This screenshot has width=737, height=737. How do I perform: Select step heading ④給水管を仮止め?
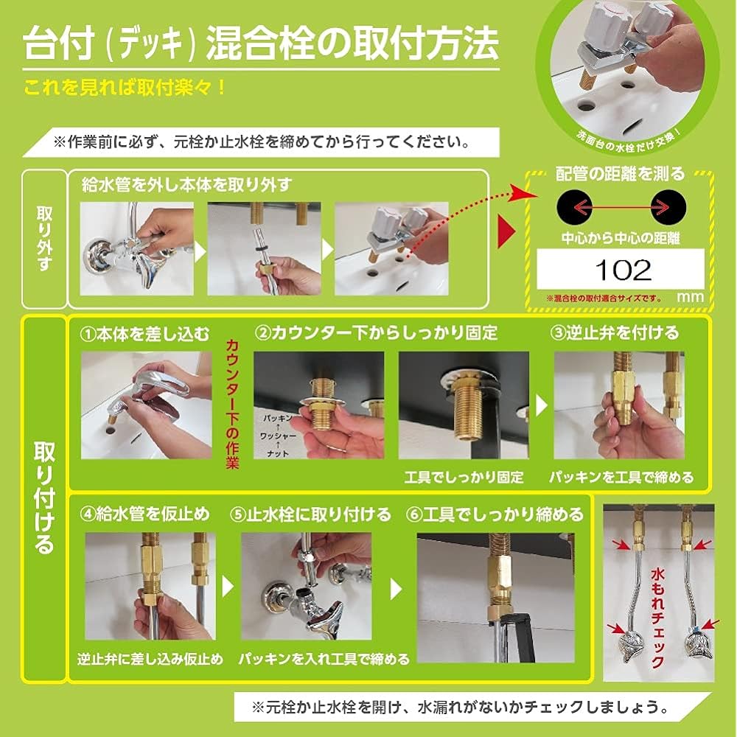coord(144,514)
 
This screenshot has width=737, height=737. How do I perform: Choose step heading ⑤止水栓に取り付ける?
coord(311,514)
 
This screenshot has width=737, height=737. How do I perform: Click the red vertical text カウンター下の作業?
coord(232,405)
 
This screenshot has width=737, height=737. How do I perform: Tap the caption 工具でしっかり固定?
coord(464,478)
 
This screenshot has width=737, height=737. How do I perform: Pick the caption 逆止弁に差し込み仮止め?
coord(150,659)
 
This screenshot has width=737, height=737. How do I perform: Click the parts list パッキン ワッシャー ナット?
coord(277,436)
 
